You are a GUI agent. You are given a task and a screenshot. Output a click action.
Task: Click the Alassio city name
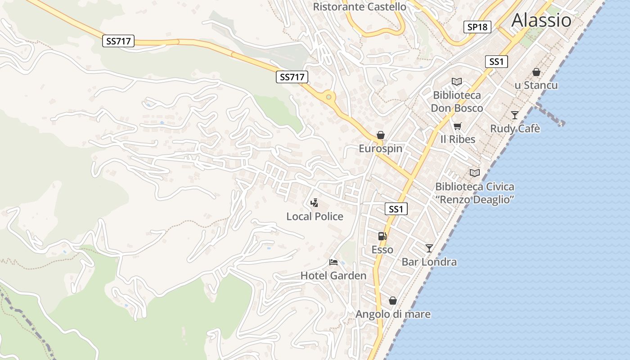click(x=541, y=20)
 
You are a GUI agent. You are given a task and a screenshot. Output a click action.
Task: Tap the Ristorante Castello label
click(x=359, y=7)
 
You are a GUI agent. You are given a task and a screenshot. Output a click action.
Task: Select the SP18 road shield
click(x=477, y=27)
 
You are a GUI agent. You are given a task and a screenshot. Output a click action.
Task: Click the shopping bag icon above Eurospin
click(x=381, y=135)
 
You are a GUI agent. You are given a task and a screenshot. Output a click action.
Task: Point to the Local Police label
click(x=315, y=216)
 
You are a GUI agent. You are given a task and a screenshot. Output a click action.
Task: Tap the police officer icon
click(x=315, y=203)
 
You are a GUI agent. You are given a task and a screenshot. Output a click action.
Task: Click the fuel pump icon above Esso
click(x=382, y=236)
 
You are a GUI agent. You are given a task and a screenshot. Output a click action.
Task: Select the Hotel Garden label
click(x=333, y=275)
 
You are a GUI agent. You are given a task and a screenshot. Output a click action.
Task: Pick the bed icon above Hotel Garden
click(x=333, y=262)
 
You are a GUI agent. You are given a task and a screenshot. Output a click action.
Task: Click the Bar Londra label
click(x=429, y=262)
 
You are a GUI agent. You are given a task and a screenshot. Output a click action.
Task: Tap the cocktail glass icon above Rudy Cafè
click(x=515, y=115)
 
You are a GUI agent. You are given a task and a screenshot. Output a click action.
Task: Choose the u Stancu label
click(x=536, y=85)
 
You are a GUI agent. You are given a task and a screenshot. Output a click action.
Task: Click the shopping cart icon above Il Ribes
click(x=458, y=126)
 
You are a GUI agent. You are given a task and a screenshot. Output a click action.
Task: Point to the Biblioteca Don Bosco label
click(x=457, y=102)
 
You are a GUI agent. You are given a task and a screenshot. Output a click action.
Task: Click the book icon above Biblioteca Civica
click(x=474, y=173)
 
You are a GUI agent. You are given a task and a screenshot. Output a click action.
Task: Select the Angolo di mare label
click(x=393, y=314)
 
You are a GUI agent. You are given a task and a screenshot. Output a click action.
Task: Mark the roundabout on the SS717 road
click(x=329, y=97)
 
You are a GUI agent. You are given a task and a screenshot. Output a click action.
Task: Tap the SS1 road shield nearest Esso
click(x=396, y=209)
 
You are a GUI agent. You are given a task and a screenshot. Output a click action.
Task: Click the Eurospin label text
click(x=381, y=148)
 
